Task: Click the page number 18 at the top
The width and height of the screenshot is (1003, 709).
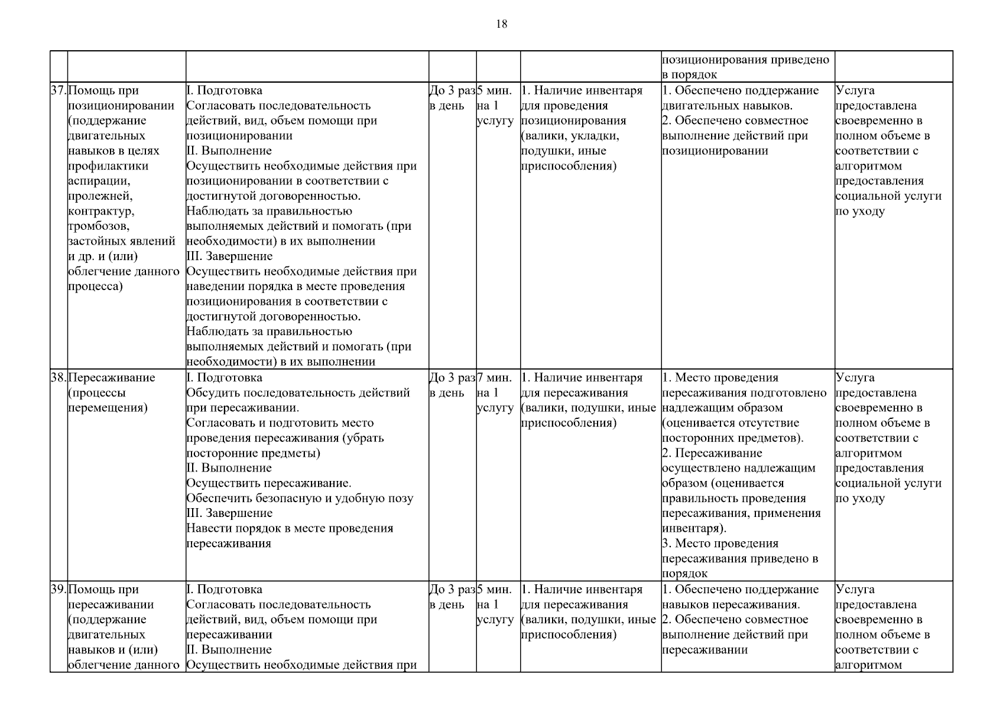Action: pos(501,24)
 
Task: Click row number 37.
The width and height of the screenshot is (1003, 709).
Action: pos(58,90)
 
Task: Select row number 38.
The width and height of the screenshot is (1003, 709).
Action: pos(58,378)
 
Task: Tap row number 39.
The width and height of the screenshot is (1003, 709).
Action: pos(58,589)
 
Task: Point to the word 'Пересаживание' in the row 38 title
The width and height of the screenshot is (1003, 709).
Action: pos(112,378)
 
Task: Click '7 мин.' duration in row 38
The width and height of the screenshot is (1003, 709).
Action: pos(494,378)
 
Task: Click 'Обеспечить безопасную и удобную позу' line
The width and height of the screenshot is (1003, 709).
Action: pos(300,498)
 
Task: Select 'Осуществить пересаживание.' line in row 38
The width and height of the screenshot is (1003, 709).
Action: pos(269,483)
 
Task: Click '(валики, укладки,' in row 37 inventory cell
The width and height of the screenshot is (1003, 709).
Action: pos(570,136)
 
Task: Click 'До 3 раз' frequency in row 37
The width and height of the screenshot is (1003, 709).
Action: pos(452,90)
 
